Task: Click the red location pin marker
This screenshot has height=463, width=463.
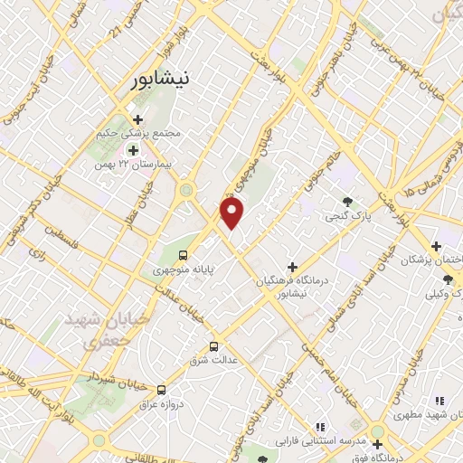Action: coord(233,213)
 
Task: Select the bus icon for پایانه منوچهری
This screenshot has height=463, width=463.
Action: coord(184,255)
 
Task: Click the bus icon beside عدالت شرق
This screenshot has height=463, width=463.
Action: coord(214,345)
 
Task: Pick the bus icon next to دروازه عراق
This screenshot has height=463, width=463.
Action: coord(161,390)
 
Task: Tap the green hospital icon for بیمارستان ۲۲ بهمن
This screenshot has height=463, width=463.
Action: coord(134,150)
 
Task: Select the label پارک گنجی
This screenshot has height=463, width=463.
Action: coord(346,217)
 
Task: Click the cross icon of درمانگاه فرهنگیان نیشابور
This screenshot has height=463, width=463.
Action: coord(291,267)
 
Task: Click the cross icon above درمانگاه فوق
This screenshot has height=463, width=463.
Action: coord(377,443)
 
